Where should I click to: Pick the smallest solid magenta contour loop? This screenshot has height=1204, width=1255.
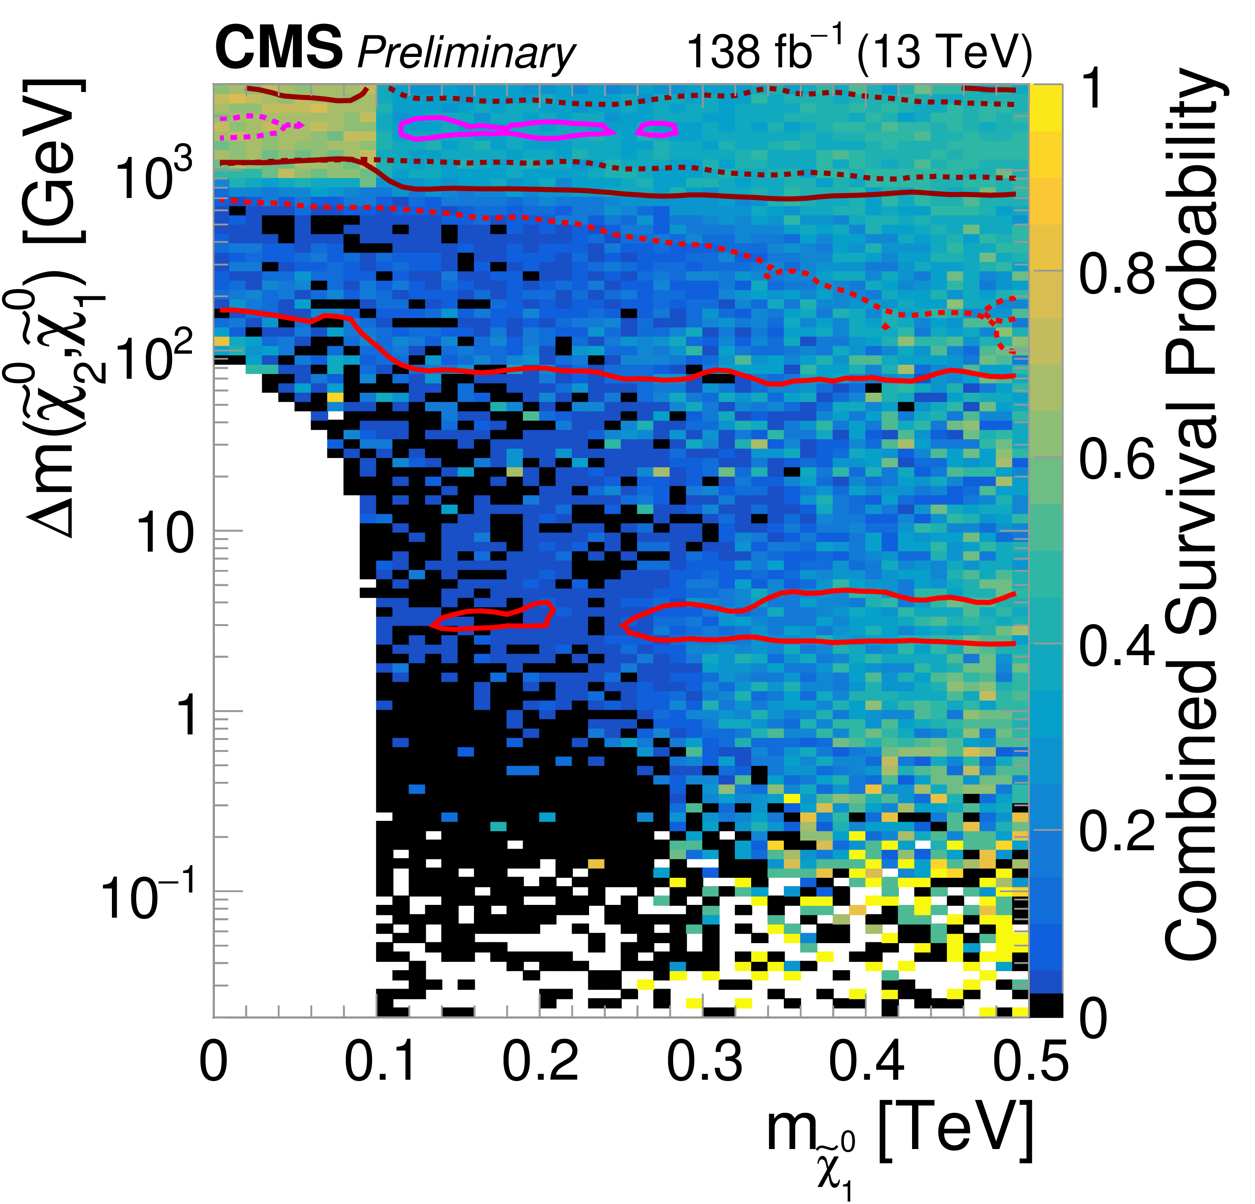(x=657, y=129)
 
